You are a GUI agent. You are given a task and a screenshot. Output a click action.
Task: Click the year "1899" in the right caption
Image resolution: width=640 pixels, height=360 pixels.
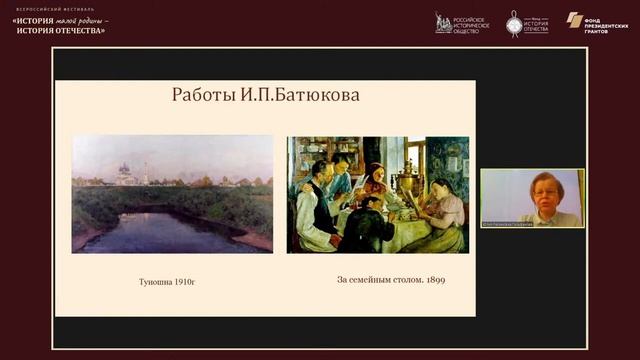point(434,280)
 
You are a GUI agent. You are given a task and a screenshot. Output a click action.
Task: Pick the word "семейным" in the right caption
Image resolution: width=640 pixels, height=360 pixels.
point(386,280)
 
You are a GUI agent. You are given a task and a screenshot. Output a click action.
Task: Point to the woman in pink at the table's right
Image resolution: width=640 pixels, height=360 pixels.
point(441,212)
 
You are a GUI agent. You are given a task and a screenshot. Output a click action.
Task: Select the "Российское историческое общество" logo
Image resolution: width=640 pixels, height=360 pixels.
point(461,23)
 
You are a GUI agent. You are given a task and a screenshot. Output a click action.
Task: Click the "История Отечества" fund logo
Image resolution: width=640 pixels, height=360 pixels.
point(526,23)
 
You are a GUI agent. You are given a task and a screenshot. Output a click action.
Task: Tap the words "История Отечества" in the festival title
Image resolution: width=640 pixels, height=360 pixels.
point(61,30)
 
